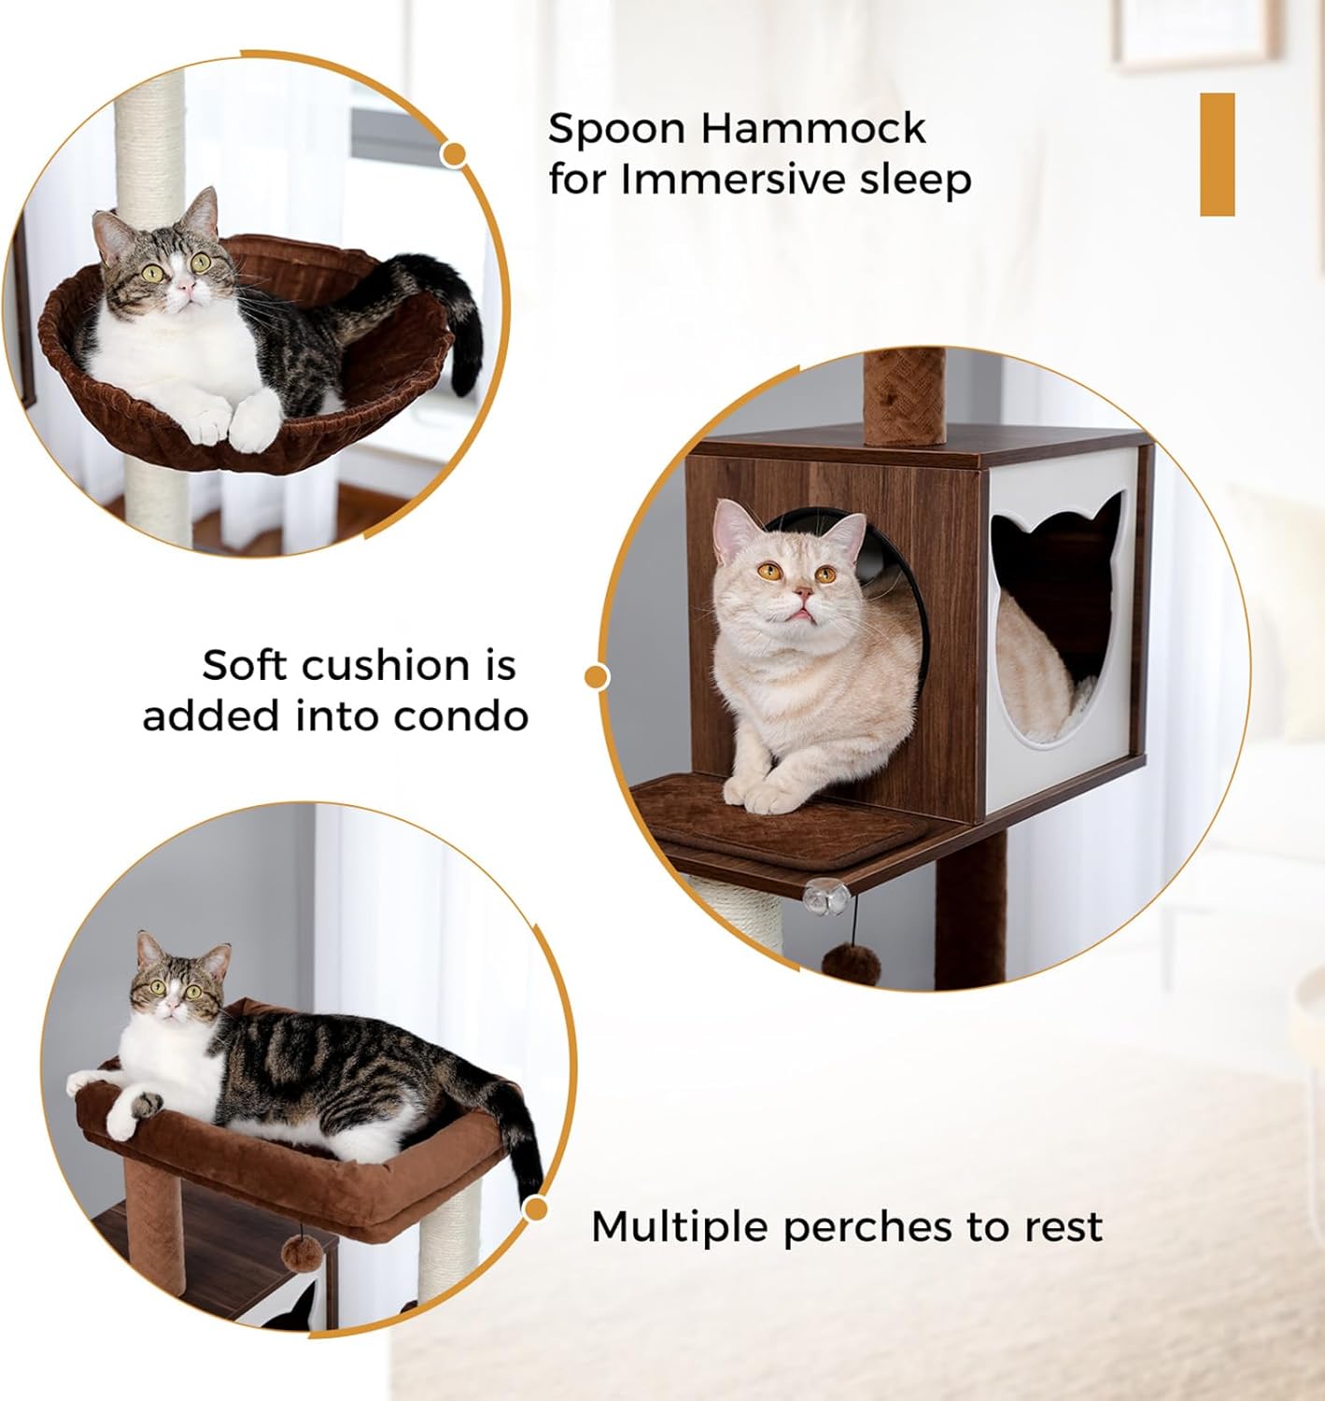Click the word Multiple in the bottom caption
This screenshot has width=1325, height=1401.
coord(681,1226)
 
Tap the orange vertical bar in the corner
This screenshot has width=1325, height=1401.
coord(1217,154)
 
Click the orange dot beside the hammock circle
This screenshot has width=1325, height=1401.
coord(455,154)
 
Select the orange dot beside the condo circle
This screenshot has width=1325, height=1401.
coord(597,676)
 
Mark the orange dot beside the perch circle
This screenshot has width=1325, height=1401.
coord(536,1210)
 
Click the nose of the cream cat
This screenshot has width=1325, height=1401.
coord(802,591)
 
